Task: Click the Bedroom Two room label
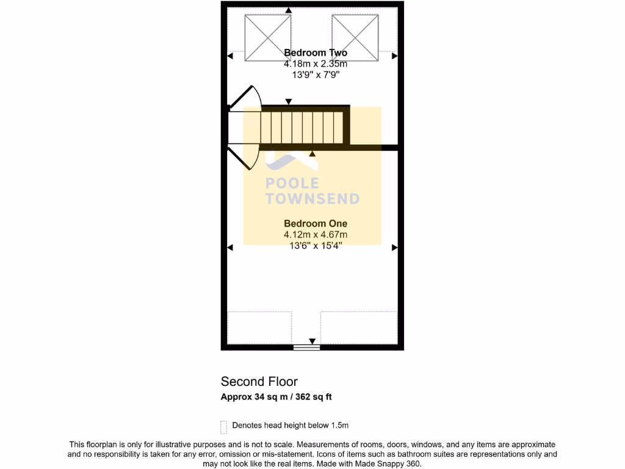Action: pyautogui.click(x=316, y=53)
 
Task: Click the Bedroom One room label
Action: pyautogui.click(x=316, y=224)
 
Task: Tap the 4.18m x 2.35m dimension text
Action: pyautogui.click(x=316, y=64)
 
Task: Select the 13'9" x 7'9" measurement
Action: pyautogui.click(x=316, y=75)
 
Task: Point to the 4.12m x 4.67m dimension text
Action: pyautogui.click(x=316, y=235)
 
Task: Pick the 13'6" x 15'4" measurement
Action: pyautogui.click(x=316, y=246)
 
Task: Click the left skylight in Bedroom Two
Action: pyautogui.click(x=268, y=37)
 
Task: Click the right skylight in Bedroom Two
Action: pyautogui.click(x=355, y=37)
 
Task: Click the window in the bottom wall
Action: pyautogui.click(x=306, y=347)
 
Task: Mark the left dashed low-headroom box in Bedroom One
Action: pyautogui.click(x=259, y=327)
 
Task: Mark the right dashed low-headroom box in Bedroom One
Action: pyautogui.click(x=359, y=327)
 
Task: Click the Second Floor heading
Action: pyautogui.click(x=259, y=382)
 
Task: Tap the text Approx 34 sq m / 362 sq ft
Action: pyautogui.click(x=276, y=397)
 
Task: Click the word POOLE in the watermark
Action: pyautogui.click(x=292, y=183)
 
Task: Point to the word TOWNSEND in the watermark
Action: pyautogui.click(x=312, y=198)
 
